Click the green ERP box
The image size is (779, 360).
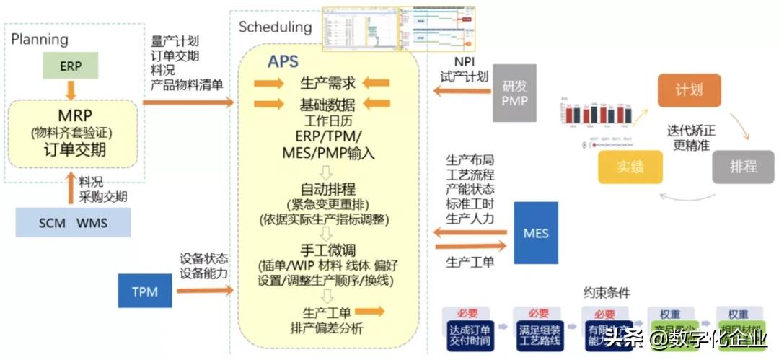click(x=71, y=66)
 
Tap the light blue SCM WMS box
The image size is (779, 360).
click(x=73, y=222)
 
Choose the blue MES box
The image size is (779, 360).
click(x=536, y=232)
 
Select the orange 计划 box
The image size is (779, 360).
click(x=688, y=91)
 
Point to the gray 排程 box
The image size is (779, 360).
click(x=743, y=167)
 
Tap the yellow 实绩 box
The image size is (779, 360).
click(x=630, y=167)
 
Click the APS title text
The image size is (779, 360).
click(x=283, y=62)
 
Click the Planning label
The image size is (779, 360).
click(x=40, y=39)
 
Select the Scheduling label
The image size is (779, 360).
click(x=276, y=27)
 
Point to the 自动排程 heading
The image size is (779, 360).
click(x=328, y=190)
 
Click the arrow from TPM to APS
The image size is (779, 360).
click(x=206, y=290)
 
